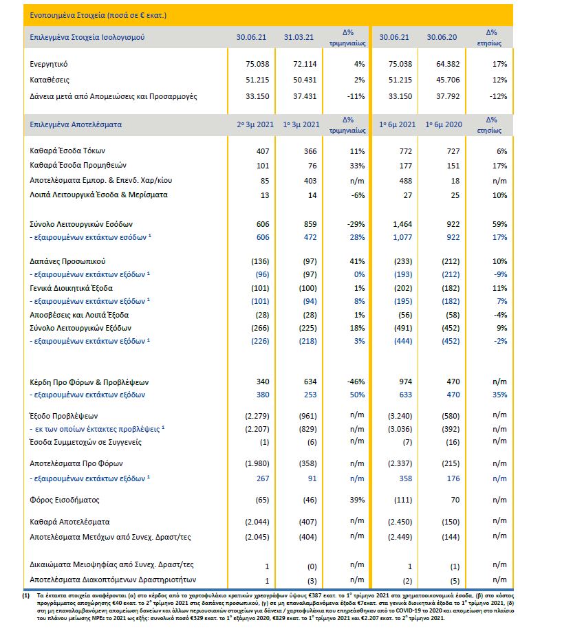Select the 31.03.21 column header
pyautogui.click(x=299, y=36)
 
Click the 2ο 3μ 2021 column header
pyautogui.click(x=255, y=125)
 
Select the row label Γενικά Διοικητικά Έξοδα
pyautogui.click(x=71, y=288)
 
